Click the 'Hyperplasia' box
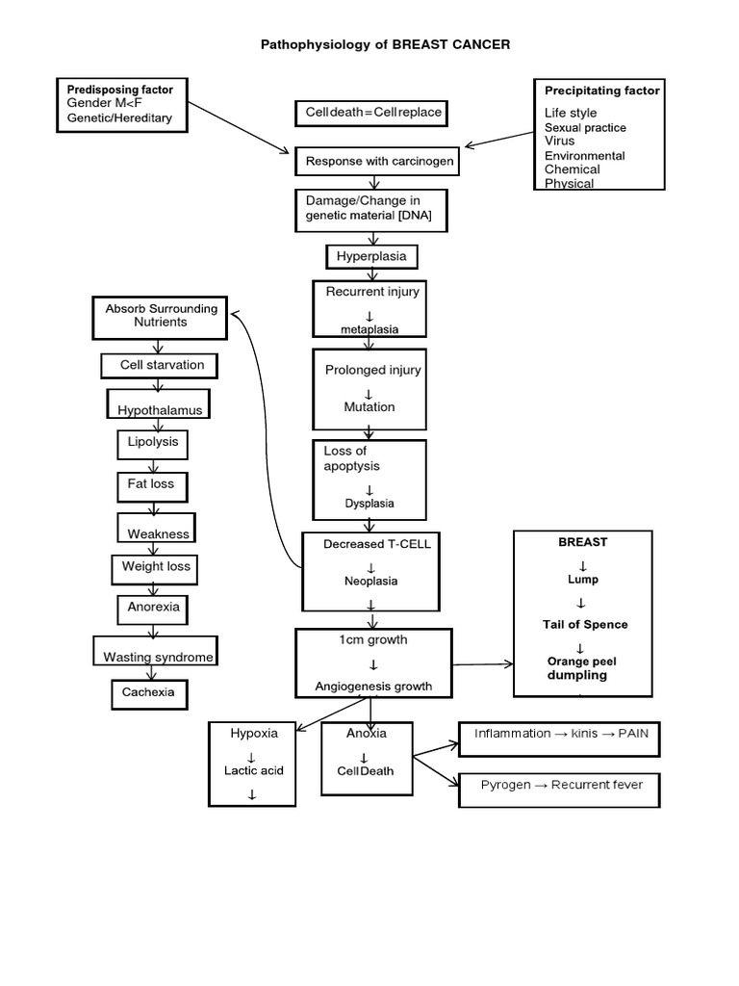pos(372,257)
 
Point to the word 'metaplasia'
pos(369,329)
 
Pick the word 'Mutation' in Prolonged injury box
pos(369,407)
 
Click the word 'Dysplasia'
pos(369,504)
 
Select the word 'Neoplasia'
pos(369,582)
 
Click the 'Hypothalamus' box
pos(160,409)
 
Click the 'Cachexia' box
pos(149,693)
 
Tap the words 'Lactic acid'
pos(254,770)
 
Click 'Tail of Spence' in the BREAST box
pos(584,625)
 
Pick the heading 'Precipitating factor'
pos(602,91)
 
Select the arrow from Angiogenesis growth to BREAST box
pos(482,664)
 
